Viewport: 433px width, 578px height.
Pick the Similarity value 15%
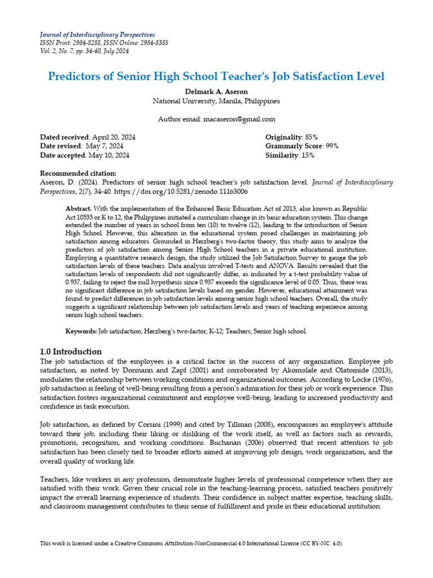(308, 155)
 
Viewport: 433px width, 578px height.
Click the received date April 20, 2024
(113, 137)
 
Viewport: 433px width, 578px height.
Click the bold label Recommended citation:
(78, 173)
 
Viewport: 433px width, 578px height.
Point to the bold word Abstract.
(79, 209)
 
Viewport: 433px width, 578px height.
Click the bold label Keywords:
(81, 331)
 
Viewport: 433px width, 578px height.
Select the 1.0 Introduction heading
(70, 351)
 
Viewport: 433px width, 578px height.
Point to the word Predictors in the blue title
(77, 76)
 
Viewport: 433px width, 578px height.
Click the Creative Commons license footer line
(191, 543)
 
